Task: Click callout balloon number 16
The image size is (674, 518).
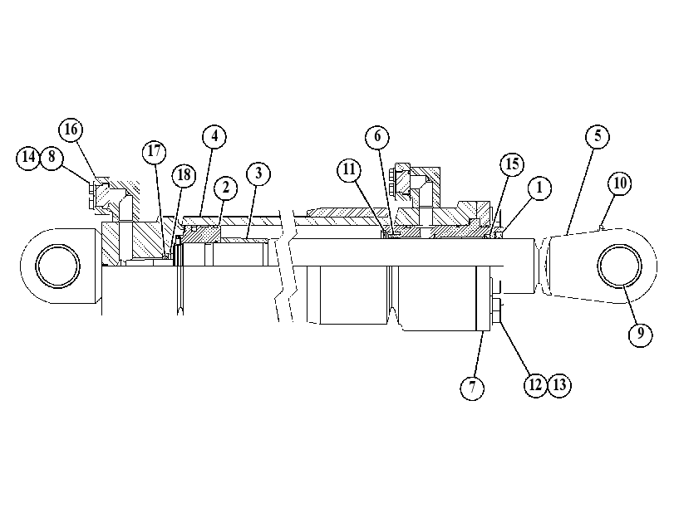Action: point(71,129)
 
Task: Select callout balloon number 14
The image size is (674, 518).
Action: point(28,157)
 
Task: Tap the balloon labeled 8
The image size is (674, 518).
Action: point(52,157)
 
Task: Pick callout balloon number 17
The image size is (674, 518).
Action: point(155,152)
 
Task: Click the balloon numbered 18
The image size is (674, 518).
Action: point(184,175)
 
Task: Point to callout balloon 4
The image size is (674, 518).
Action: point(214,137)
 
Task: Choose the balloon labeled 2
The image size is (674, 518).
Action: point(225,188)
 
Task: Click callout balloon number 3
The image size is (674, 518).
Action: point(258,173)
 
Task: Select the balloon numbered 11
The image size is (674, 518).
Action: point(349,170)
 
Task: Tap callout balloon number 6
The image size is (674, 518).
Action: point(377,137)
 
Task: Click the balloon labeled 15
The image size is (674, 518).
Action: point(513,164)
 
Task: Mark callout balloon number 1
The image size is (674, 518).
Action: point(539,188)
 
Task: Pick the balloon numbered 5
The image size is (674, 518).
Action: point(598,137)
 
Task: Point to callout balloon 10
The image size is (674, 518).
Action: point(620,183)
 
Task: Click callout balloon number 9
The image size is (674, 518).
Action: point(641,334)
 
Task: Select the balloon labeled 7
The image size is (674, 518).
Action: point(472,388)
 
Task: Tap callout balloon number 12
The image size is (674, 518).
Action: point(535,385)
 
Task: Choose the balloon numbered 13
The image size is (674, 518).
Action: point(559,385)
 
